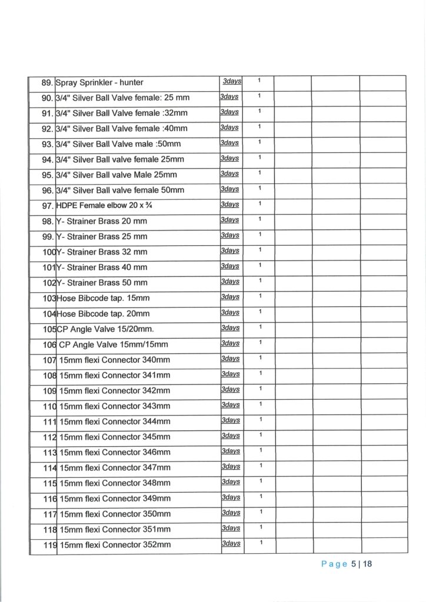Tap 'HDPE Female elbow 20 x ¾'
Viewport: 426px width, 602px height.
point(105,205)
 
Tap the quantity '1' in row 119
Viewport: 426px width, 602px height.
point(259,542)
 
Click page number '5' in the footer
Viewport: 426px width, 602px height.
point(354,564)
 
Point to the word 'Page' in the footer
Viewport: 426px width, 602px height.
point(334,564)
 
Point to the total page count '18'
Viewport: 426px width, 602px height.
point(368,564)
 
